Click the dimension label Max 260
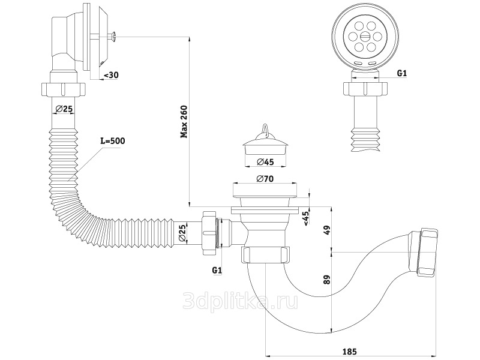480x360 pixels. pos(185,122)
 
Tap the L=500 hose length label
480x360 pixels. pos(112,141)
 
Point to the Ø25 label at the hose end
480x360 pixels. pos(182,232)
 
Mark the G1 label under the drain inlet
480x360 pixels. pos(217,271)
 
